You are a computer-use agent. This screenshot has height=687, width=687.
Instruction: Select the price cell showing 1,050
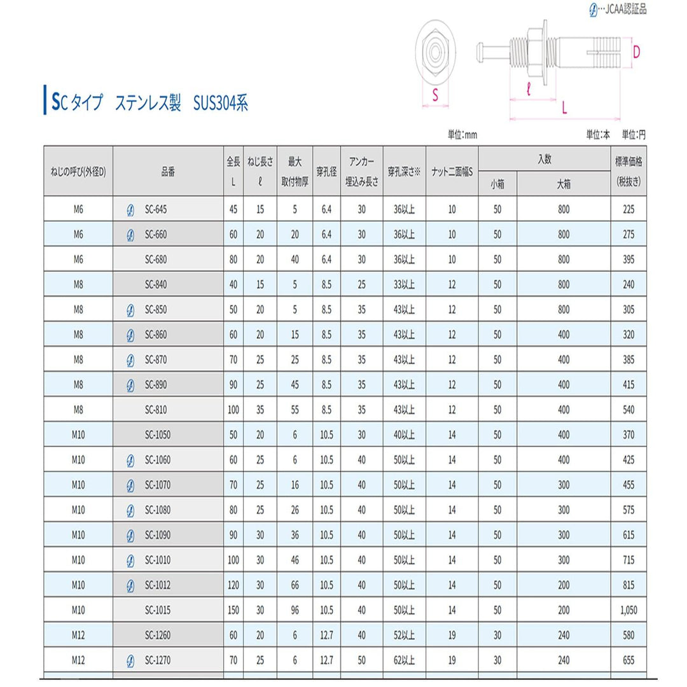point(628,610)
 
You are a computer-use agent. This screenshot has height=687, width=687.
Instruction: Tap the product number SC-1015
point(158,610)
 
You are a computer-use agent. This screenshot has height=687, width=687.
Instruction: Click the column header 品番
point(168,170)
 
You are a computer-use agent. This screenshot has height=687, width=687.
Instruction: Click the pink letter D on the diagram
point(636,51)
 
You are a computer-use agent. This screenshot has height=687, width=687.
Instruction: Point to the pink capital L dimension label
point(565,108)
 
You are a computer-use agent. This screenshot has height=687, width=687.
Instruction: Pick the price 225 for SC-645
point(628,209)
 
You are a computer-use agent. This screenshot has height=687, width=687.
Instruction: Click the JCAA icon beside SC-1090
point(130,535)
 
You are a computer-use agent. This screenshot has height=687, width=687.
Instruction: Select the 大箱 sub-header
point(564,184)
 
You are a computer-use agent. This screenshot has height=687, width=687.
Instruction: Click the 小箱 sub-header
point(497,184)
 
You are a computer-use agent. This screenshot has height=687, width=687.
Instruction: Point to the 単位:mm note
point(462,135)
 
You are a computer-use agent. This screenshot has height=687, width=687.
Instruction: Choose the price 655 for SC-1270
point(628,660)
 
